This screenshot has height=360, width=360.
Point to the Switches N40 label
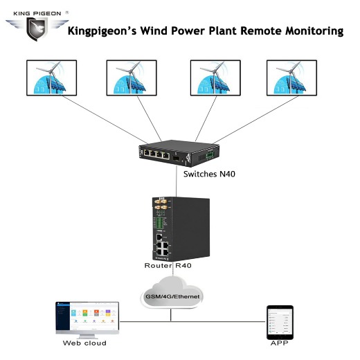click(210, 174)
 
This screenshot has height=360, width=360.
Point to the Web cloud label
click(86, 343)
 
